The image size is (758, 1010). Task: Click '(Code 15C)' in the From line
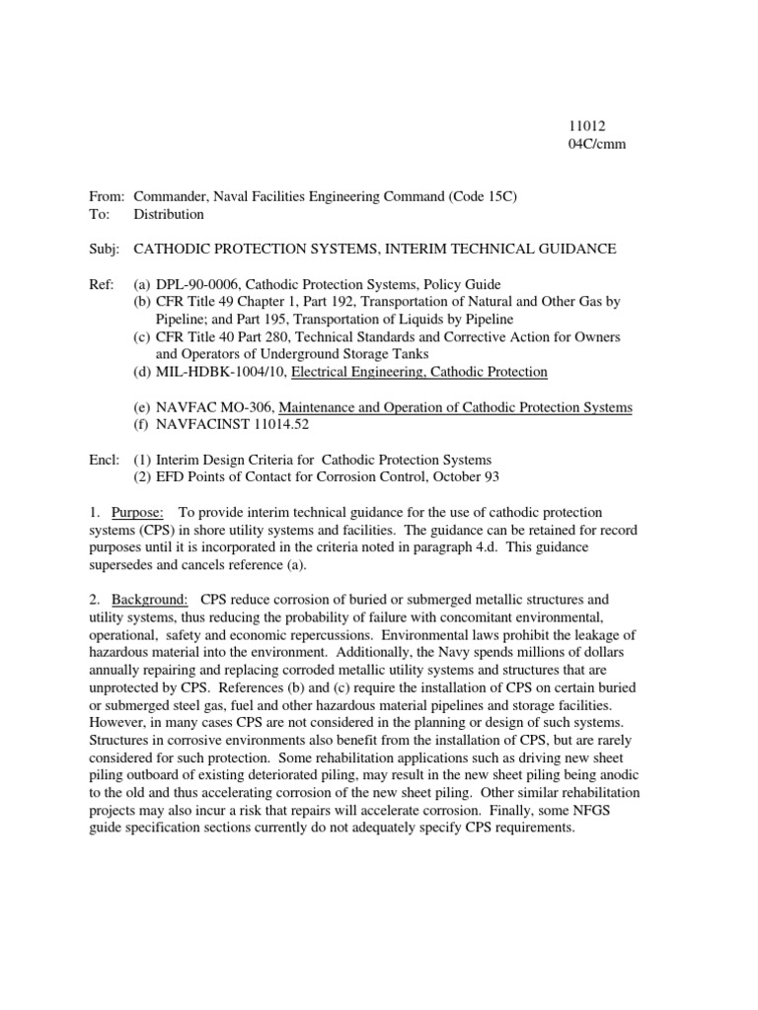[483, 196]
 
